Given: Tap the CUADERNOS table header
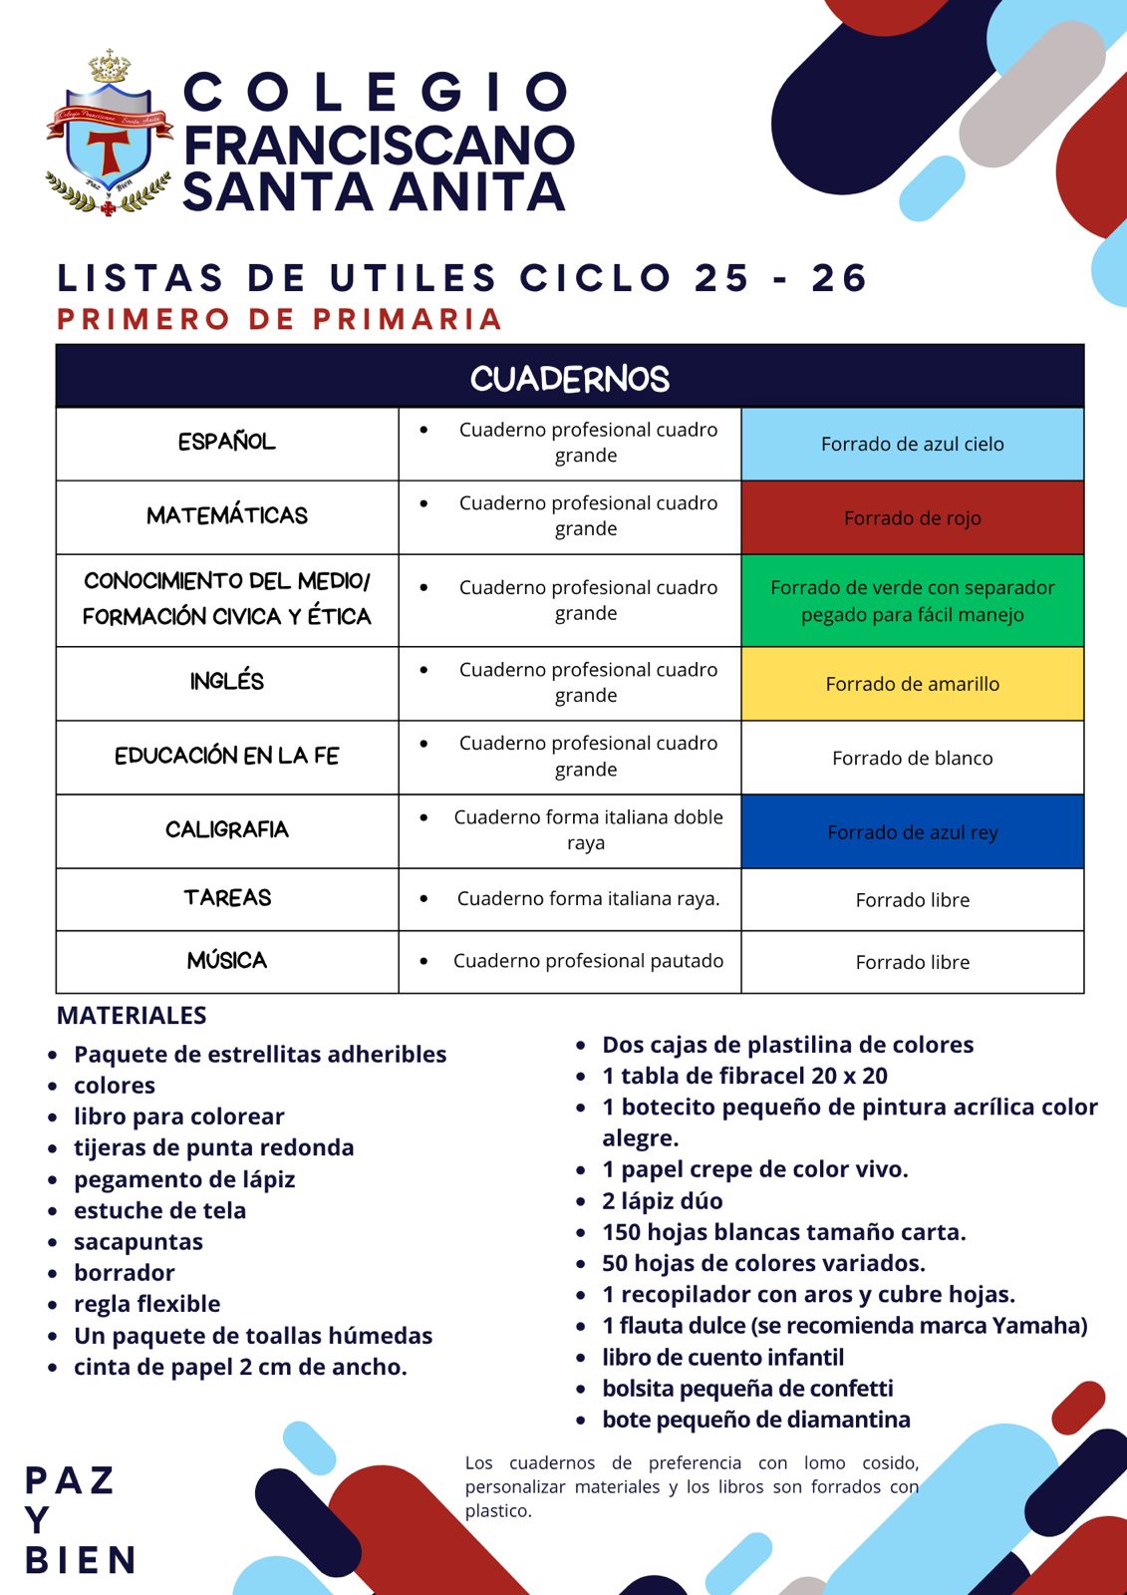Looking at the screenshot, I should pos(569,378).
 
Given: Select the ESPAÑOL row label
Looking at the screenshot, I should pos(227,442).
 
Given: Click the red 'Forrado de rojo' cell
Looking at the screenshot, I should pos(912,518).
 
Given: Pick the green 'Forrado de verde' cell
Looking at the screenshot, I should pos(912,601).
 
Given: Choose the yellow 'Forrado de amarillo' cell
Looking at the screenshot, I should pos(912,684).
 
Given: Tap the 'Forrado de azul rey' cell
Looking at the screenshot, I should pos(912,832).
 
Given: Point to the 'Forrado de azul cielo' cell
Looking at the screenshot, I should pos(912,445).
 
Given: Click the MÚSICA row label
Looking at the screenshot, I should pos(227,961).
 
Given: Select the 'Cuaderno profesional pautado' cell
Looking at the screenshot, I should pos(588,961).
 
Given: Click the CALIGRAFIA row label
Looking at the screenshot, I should pos(227,829).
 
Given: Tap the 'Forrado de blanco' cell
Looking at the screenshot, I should pos(912,759).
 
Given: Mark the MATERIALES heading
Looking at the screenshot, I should pos(132,1016).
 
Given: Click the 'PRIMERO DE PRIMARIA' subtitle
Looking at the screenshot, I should pos(279,319).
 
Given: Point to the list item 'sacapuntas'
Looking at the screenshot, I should pos(139,1242).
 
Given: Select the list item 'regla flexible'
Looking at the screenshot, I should pos(146,1304).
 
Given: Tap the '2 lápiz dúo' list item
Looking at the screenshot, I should pos(663,1201).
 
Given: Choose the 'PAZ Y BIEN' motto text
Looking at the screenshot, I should pos(79,1520).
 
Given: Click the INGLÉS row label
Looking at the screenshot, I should pos(227,682).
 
